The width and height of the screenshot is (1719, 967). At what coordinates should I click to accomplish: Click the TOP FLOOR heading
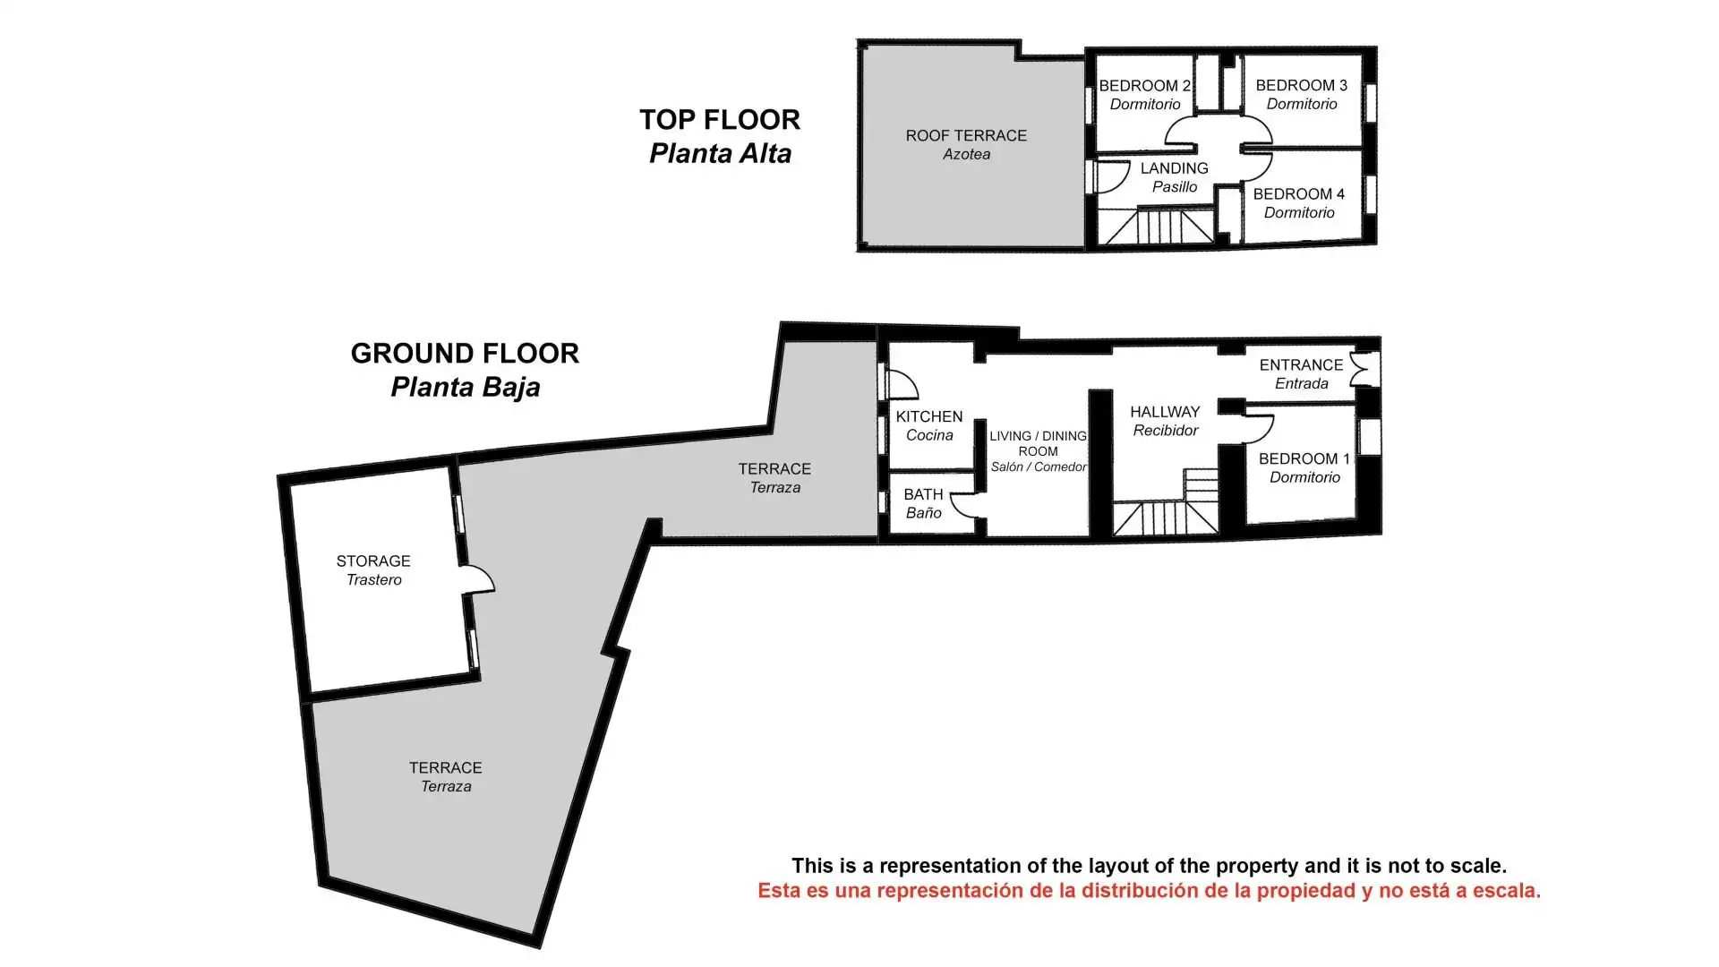720,119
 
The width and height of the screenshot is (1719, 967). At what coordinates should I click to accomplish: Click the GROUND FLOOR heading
465,353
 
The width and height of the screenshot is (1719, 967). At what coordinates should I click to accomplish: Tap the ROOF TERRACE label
966,135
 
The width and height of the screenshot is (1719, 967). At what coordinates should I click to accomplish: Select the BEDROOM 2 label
1144,86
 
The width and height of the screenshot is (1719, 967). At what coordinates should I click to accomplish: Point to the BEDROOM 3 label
1301,85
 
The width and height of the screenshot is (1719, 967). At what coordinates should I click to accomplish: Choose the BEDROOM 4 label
1298,194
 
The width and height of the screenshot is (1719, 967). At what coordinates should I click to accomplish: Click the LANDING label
1174,168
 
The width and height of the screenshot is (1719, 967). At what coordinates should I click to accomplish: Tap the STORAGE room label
373,561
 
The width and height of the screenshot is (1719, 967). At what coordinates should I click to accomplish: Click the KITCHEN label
929,416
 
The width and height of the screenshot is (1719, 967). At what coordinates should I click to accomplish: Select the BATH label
923,494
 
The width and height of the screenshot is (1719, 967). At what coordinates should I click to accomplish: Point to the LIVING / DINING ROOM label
1038,443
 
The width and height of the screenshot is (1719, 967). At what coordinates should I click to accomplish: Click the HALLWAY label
1165,412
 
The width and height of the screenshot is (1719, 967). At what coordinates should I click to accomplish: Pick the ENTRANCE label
1301,365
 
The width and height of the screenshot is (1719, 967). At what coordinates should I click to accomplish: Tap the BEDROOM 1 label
1304,458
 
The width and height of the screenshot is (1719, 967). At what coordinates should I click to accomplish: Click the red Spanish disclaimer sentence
1149,891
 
